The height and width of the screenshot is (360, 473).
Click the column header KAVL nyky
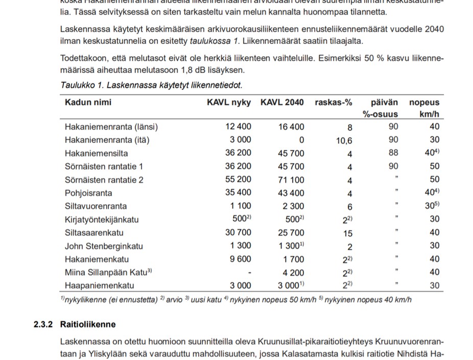point(229,102)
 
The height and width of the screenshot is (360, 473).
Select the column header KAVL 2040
point(282,102)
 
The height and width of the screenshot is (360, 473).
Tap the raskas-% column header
point(334,102)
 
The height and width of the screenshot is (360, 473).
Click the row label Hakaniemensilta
point(97,153)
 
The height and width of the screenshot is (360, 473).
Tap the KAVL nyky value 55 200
point(238,180)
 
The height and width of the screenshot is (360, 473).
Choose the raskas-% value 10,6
point(344,140)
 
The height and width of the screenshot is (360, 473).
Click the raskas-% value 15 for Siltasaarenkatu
point(347,233)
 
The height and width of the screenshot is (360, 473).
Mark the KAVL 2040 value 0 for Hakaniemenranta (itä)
point(301,140)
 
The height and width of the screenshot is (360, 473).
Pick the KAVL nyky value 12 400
point(238,127)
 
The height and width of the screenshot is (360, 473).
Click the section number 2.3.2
point(43,324)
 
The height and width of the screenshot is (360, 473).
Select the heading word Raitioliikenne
point(88,324)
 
